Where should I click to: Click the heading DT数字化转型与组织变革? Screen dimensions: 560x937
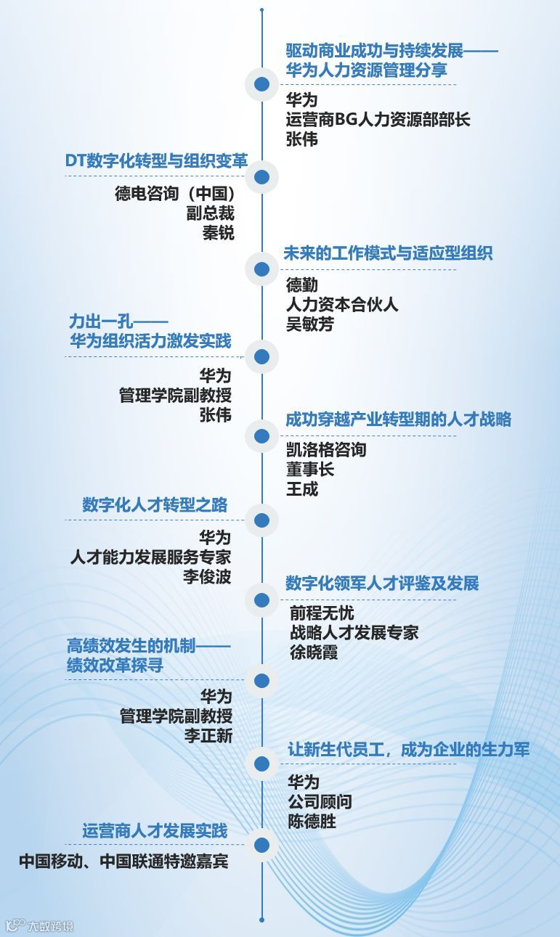tap(156, 161)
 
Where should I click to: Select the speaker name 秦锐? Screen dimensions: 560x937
tap(218, 233)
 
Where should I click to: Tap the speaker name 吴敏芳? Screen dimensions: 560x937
tap(310, 324)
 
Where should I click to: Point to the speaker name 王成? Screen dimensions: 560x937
tap(302, 488)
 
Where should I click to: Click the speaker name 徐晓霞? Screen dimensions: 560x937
tap(314, 652)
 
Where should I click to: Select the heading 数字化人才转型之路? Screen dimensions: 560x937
tap(155, 505)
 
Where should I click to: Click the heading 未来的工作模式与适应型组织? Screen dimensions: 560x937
tap(388, 253)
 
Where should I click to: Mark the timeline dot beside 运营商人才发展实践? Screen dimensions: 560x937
tap(261, 845)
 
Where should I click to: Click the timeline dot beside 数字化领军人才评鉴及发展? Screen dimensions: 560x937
tap(261, 599)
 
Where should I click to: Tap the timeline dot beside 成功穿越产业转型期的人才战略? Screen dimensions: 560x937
tap(261, 435)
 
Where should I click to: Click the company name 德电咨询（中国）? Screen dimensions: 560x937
tap(174, 194)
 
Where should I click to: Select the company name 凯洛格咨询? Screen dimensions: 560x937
tap(326, 450)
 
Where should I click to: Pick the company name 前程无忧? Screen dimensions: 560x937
tap(322, 613)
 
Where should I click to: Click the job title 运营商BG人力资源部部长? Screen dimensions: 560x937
tap(378, 120)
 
